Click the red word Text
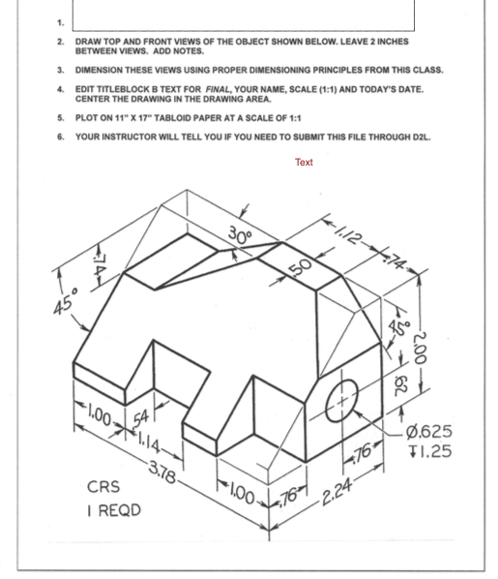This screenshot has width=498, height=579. [x=304, y=163]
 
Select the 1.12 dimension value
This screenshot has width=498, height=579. [x=351, y=232]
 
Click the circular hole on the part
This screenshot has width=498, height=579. [x=340, y=396]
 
